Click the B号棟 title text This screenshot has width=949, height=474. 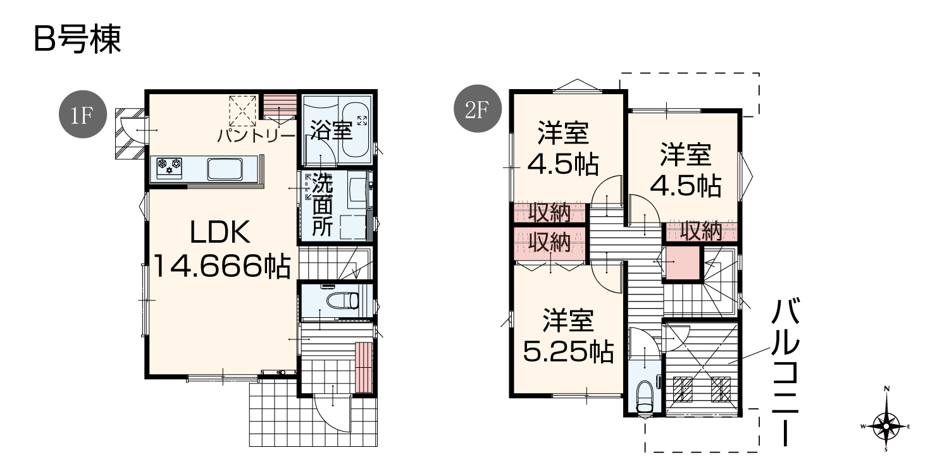(x=77, y=39)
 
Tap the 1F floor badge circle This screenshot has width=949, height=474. (x=83, y=114)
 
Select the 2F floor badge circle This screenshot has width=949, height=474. (x=478, y=109)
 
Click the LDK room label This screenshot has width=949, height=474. (x=220, y=232)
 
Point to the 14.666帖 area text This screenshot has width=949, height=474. (x=221, y=266)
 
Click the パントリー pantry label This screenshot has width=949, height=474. (x=256, y=137)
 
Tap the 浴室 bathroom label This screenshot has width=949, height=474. (x=332, y=130)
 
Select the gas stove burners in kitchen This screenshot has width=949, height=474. (x=169, y=168)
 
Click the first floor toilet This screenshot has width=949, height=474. (x=343, y=301)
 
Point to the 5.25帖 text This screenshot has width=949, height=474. (x=569, y=352)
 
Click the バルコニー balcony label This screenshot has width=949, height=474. (x=785, y=372)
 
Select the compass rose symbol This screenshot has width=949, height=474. (x=886, y=426)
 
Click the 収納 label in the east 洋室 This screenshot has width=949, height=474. (x=701, y=231)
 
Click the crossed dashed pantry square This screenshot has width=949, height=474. (x=243, y=111)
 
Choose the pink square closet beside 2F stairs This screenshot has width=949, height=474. (x=682, y=263)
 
